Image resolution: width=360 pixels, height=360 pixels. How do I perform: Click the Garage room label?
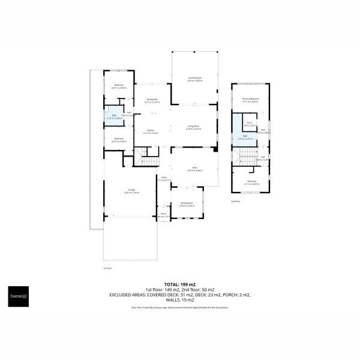[131, 191]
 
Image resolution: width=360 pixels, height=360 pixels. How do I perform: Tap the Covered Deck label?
[194, 79]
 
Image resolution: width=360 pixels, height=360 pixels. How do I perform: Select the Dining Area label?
[151, 100]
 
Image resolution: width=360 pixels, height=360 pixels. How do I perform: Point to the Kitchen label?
[151, 131]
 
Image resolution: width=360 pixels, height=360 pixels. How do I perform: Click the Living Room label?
[193, 127]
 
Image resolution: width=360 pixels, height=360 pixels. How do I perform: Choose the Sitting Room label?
[187, 204]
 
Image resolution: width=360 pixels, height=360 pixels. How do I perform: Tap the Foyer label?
[164, 179]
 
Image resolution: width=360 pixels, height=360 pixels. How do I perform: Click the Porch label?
[163, 214]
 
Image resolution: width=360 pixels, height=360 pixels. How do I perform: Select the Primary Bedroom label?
[250, 100]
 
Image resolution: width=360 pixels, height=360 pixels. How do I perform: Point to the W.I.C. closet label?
[250, 124]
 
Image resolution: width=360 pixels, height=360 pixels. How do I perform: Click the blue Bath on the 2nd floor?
[245, 137]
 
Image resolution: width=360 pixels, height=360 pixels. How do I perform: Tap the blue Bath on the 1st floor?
[114, 117]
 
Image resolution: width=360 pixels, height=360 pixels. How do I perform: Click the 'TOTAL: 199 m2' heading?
[180, 284]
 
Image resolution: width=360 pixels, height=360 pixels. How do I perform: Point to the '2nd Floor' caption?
[236, 202]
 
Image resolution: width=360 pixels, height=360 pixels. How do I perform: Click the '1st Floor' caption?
[107, 268]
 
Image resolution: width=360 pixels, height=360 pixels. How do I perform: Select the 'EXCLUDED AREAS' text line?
[180, 295]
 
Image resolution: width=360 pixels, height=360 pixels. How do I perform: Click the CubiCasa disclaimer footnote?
[180, 307]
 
